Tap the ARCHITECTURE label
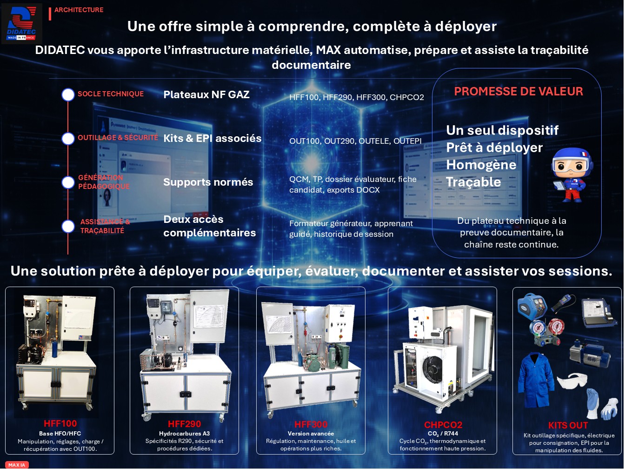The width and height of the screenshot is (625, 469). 79,10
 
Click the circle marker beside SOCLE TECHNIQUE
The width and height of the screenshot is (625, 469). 68,94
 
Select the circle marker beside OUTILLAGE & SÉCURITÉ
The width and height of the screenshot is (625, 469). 68,138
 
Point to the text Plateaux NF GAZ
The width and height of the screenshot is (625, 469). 206,94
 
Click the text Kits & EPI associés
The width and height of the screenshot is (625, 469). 213,138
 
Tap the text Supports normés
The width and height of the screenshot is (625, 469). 208,182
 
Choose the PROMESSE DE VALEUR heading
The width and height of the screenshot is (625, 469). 519,91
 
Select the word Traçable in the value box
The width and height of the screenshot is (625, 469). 473,182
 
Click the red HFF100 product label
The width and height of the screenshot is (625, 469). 60,423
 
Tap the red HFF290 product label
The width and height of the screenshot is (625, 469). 184,424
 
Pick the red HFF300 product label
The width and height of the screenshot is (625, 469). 311,425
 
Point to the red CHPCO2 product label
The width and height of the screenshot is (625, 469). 443,425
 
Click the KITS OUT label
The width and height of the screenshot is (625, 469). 568,425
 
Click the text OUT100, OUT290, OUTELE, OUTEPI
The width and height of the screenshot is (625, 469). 355,141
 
